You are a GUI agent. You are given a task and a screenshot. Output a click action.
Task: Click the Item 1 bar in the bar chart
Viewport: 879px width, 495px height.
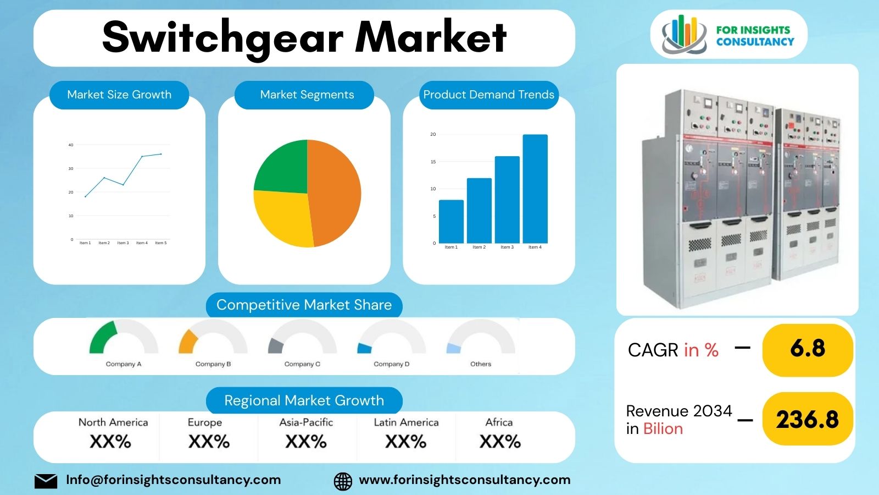click(x=451, y=221)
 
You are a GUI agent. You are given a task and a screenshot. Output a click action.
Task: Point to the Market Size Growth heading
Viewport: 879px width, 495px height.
click(x=119, y=95)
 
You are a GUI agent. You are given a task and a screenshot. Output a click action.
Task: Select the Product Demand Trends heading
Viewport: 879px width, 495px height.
click(x=488, y=95)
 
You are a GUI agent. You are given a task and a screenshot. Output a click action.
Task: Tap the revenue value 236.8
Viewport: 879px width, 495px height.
click(x=808, y=420)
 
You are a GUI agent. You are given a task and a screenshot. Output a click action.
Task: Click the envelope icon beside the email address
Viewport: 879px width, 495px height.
click(x=46, y=481)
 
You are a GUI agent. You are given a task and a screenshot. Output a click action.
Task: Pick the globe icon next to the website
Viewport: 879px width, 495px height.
click(x=343, y=481)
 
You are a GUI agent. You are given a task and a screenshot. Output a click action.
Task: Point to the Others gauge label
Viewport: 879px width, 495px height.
click(x=481, y=364)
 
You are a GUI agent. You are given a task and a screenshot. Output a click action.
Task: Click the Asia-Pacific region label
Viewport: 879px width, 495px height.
click(x=306, y=422)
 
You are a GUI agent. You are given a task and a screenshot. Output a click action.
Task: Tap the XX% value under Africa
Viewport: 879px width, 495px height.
click(x=500, y=442)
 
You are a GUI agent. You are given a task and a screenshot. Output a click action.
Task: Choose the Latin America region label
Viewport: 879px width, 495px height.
click(x=406, y=422)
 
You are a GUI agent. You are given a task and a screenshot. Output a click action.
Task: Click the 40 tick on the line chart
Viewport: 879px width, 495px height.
click(x=71, y=145)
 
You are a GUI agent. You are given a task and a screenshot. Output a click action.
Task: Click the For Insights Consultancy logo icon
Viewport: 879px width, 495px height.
click(x=683, y=34)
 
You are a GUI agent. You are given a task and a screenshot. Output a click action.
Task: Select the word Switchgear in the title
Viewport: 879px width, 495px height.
click(x=222, y=37)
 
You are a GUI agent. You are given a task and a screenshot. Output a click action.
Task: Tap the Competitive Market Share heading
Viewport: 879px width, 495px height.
click(x=304, y=305)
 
